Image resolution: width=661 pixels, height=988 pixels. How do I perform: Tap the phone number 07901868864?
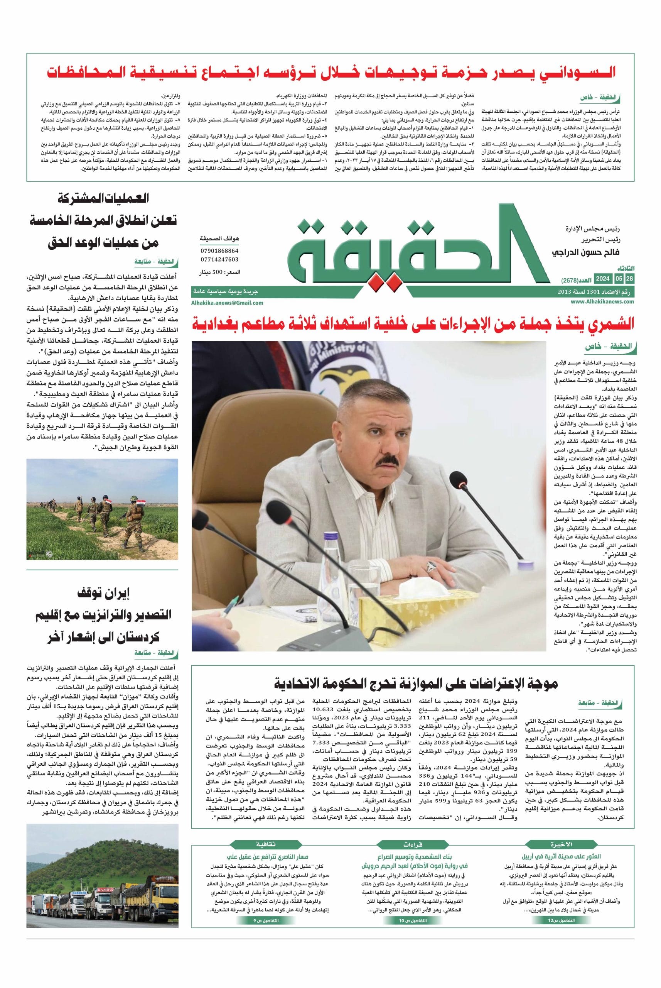tap(219, 250)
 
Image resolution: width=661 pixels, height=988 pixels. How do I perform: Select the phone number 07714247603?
tap(219, 259)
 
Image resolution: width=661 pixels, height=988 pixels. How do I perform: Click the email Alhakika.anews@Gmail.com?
tap(227, 303)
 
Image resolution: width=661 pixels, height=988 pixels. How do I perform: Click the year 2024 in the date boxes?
tap(603, 279)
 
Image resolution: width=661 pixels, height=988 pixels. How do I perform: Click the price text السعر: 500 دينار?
tap(220, 272)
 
